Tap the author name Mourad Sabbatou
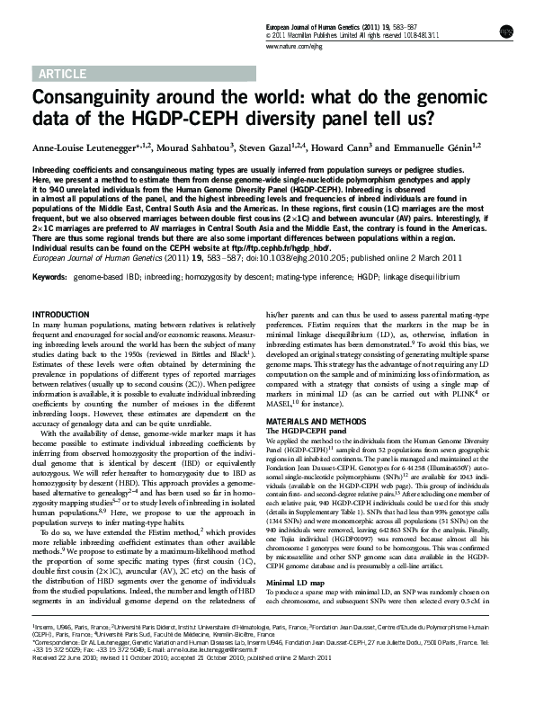[194, 147]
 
